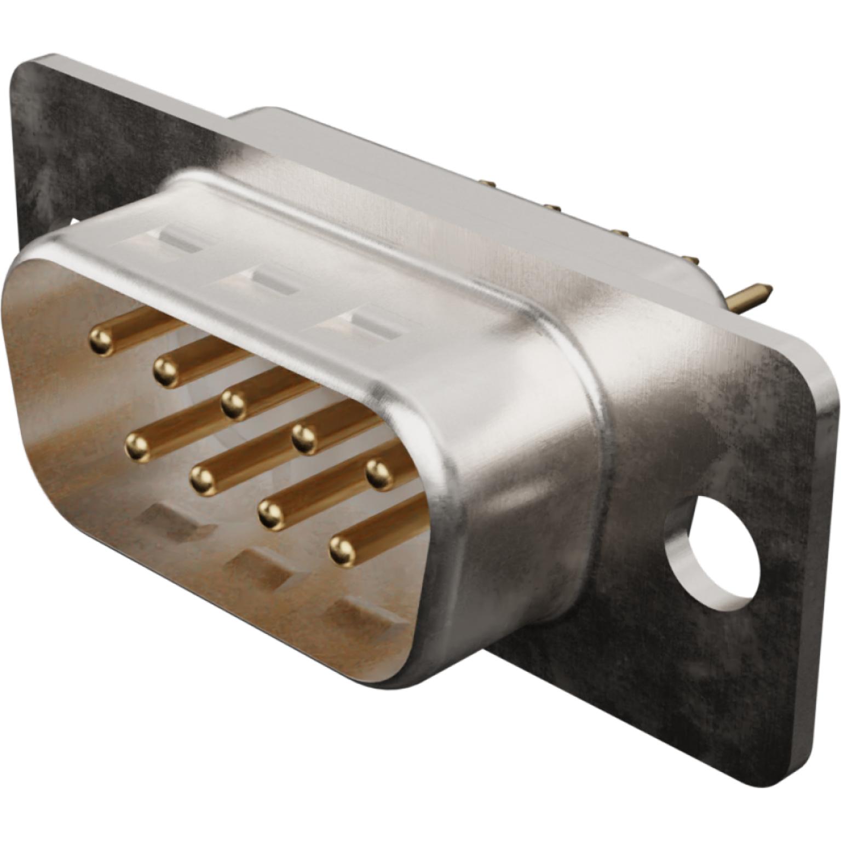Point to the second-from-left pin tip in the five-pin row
(x=166, y=371)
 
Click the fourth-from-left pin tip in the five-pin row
(x=305, y=438)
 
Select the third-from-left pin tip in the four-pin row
(x=270, y=514)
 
